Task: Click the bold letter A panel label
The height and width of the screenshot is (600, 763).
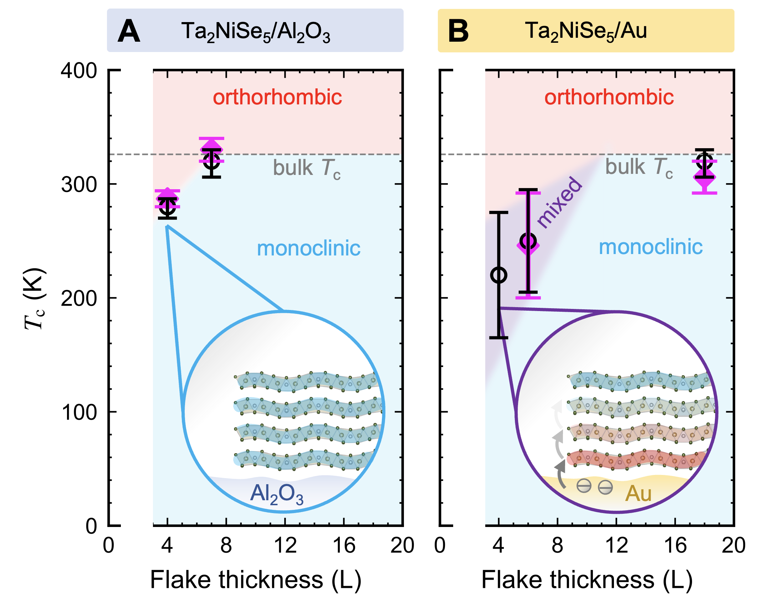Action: click(129, 31)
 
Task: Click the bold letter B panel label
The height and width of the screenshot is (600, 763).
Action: click(458, 31)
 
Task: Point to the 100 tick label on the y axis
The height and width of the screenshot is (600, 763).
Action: click(78, 412)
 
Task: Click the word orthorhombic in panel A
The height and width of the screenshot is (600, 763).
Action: click(277, 97)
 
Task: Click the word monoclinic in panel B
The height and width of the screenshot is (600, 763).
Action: click(651, 247)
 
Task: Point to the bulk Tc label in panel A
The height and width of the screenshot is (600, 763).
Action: click(307, 168)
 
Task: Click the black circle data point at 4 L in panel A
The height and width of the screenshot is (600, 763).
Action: click(167, 206)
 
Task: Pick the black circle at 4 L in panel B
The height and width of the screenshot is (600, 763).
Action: click(499, 275)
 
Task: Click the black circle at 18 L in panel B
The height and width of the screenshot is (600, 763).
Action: click(705, 161)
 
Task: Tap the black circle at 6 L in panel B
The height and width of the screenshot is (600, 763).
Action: click(528, 241)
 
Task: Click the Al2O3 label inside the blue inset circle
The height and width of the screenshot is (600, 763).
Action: click(277, 495)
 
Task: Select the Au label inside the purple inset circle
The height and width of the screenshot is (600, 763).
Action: click(638, 494)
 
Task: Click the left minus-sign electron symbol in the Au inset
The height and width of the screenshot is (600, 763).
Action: click(584, 486)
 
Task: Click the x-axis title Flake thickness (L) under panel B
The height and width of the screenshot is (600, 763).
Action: click(587, 580)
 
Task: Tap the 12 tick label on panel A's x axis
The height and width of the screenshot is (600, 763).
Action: click(285, 545)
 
